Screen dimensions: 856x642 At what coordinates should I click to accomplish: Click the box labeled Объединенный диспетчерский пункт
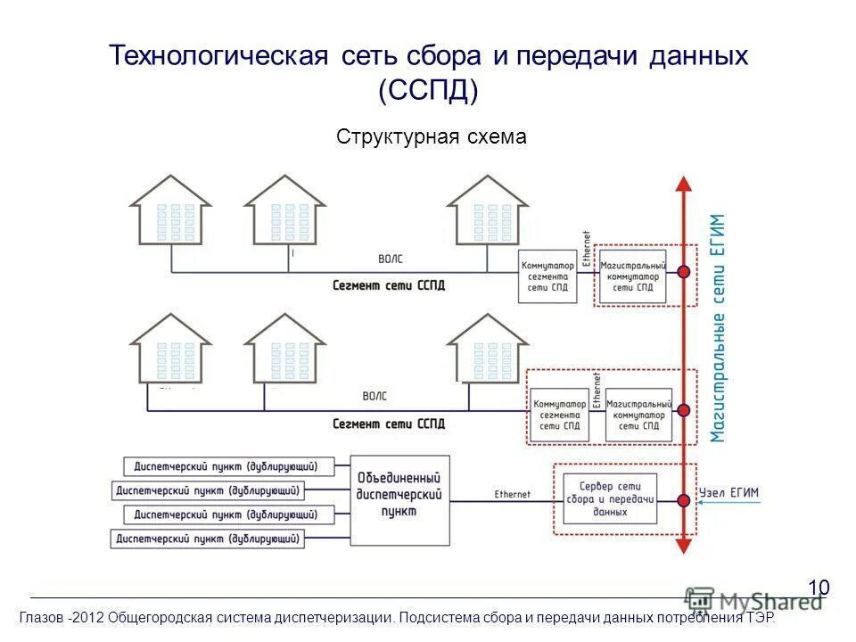(399, 500)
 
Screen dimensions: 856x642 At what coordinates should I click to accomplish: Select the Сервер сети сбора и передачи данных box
(610, 498)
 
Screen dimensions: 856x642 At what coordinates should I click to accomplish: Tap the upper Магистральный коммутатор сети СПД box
(633, 276)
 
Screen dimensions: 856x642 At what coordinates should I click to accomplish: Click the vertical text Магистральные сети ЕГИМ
(719, 328)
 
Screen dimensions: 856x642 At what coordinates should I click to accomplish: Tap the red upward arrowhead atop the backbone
(683, 185)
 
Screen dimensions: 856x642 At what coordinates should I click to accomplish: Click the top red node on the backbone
(683, 271)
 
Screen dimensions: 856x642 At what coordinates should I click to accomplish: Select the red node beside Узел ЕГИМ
(683, 500)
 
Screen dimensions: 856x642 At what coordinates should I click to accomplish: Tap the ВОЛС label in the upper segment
(390, 259)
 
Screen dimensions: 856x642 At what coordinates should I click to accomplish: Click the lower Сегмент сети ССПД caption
(389, 424)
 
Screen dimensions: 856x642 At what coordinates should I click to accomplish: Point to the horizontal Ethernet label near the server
(512, 494)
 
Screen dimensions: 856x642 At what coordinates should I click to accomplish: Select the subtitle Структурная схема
(432, 137)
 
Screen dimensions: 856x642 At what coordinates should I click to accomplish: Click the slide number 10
(819, 587)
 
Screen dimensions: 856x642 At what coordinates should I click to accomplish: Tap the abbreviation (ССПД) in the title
(428, 91)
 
